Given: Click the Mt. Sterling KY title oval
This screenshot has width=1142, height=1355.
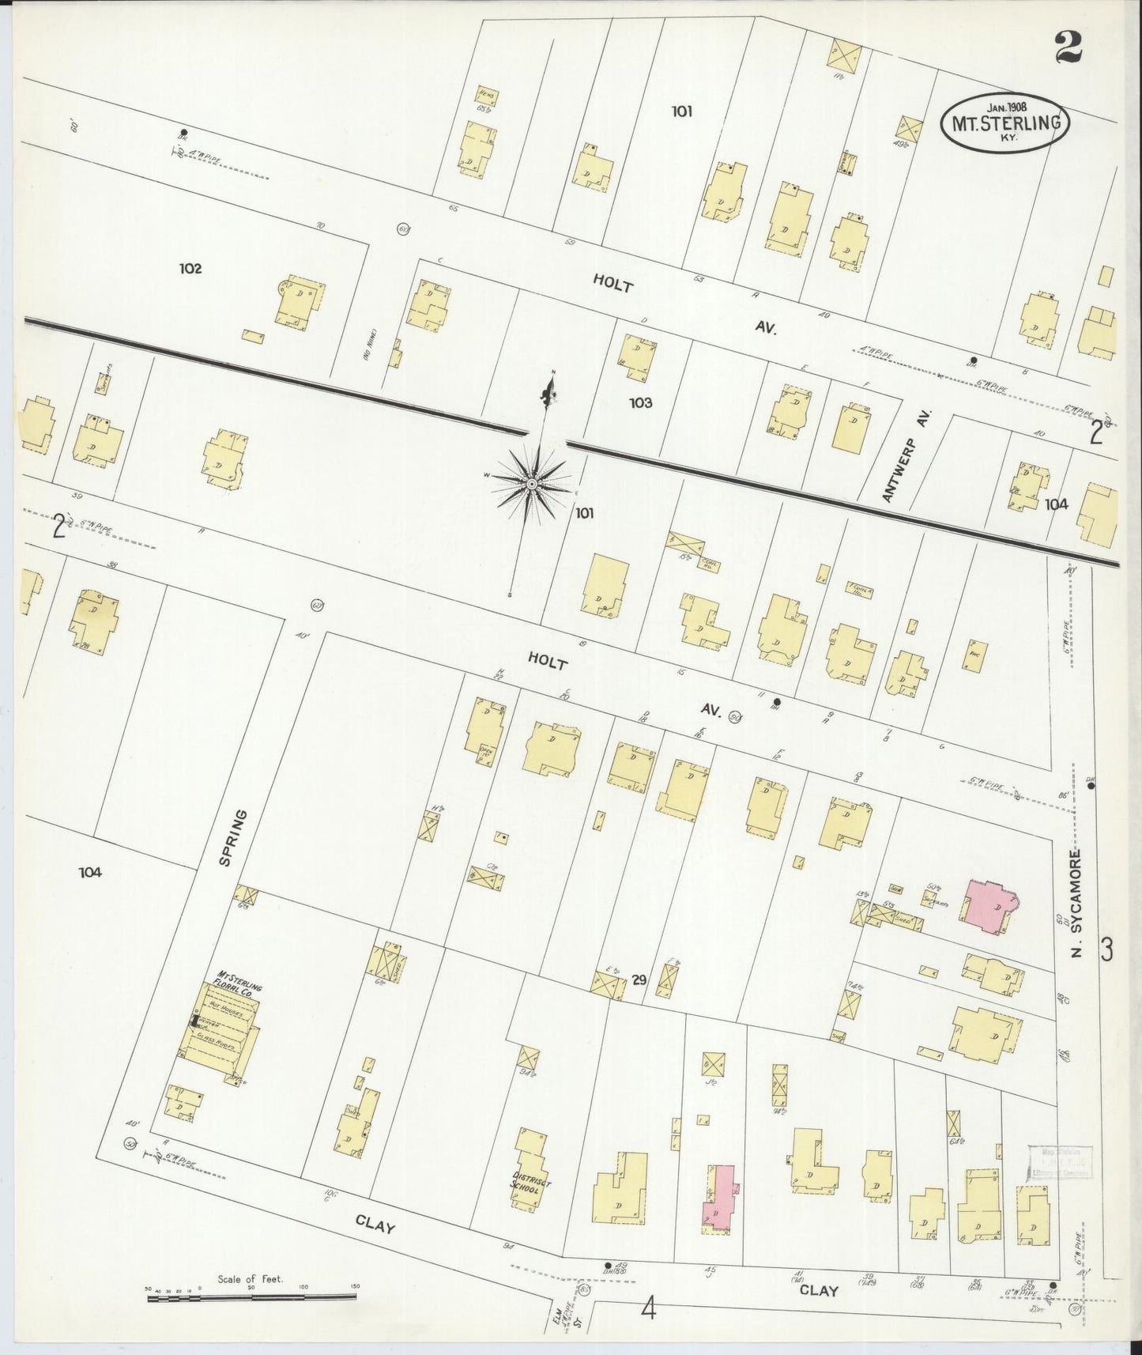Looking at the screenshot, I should click(x=1004, y=123).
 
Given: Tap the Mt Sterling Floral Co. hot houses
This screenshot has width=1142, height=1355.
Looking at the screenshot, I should click(x=219, y=1032).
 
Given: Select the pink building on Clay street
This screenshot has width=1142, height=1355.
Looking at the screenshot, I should click(x=719, y=1198).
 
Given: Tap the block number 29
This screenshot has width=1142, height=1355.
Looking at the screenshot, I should click(x=639, y=980).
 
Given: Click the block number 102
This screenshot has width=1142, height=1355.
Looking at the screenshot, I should click(x=190, y=269).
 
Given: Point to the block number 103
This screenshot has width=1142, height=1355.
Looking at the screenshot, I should click(x=641, y=403).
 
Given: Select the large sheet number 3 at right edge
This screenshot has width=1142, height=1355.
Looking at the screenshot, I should click(x=1107, y=949).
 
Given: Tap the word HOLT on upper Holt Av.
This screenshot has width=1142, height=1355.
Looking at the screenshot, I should click(x=613, y=284).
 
